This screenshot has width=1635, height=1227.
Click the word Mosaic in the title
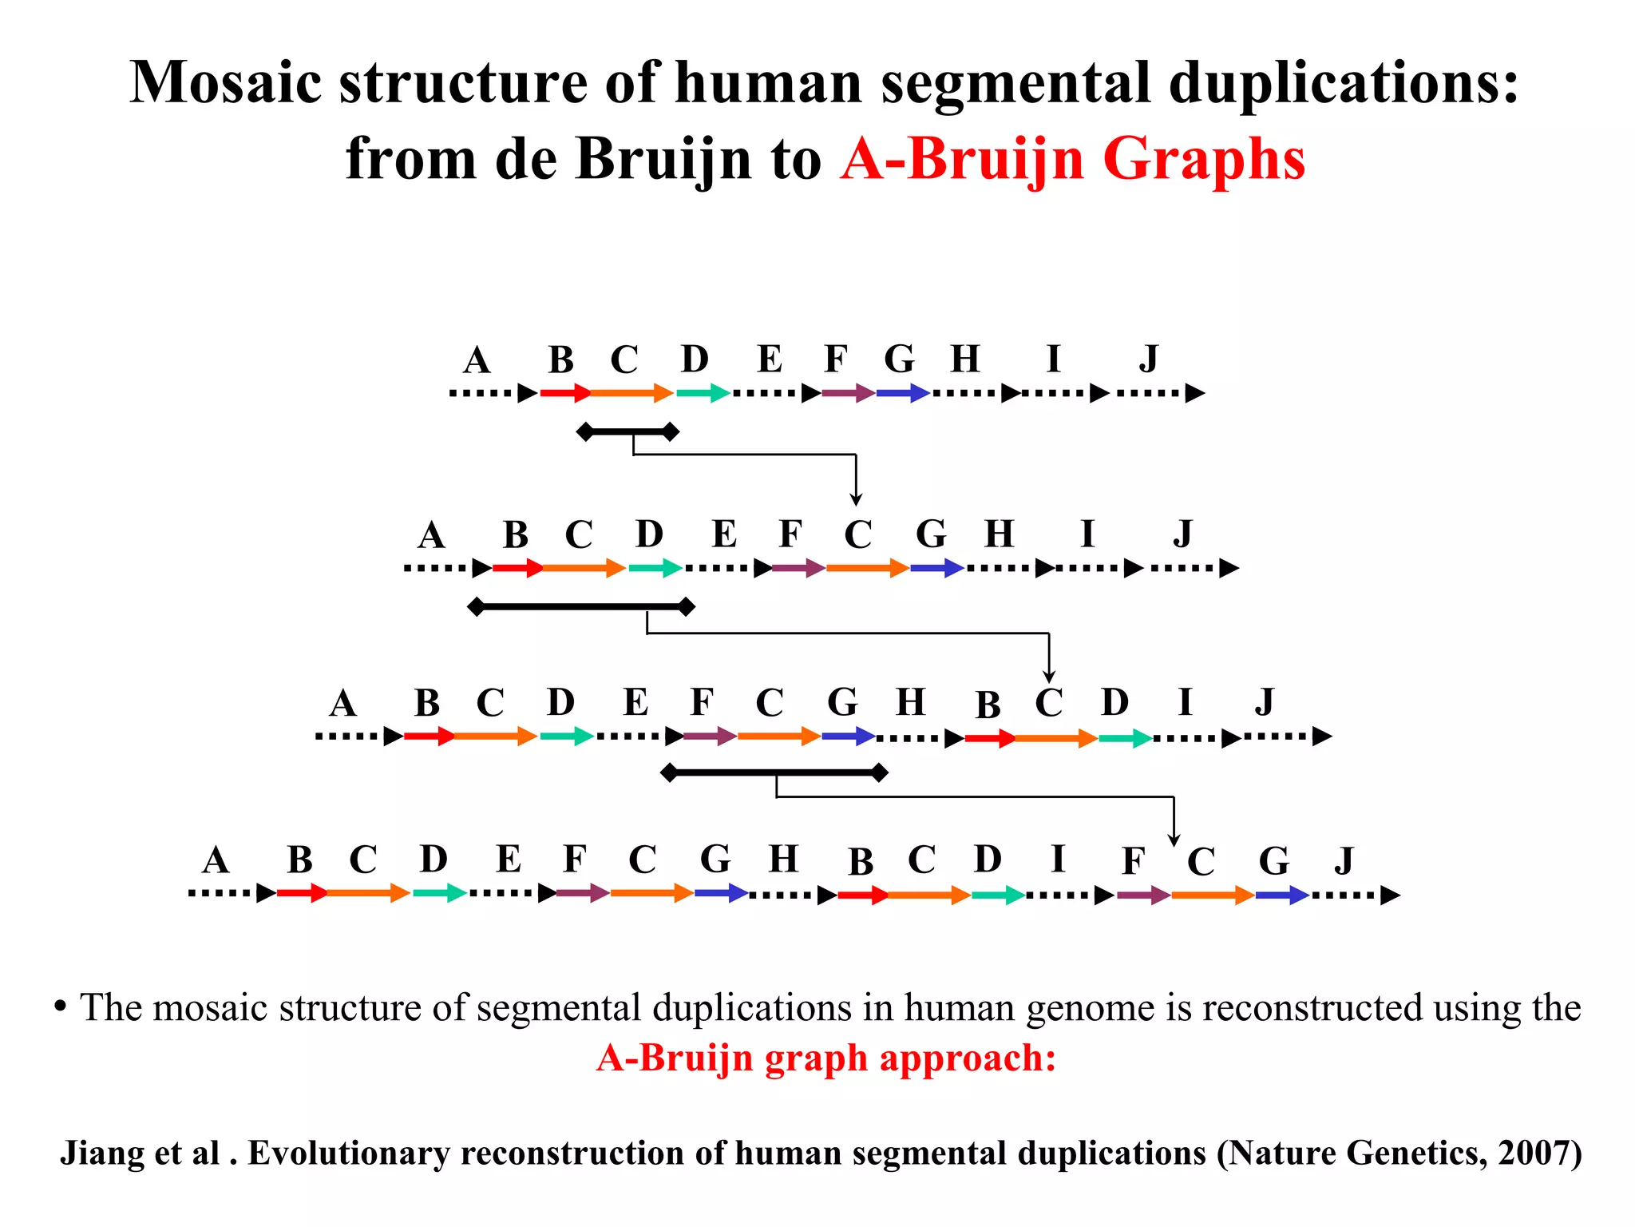[226, 83]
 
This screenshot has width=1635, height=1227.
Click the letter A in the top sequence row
[477, 360]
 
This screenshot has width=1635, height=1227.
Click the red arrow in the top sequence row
[565, 393]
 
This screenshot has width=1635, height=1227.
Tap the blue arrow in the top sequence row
[903, 393]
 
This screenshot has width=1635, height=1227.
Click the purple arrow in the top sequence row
[848, 393]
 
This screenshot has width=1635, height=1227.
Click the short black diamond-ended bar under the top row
[627, 432]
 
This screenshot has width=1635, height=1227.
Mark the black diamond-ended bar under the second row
[581, 607]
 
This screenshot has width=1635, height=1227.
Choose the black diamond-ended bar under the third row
[774, 772]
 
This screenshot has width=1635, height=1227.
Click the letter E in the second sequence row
[724, 534]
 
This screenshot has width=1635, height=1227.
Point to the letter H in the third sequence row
[910, 702]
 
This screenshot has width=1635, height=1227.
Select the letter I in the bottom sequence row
[1058, 860]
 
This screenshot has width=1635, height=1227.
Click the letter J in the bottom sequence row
[1344, 861]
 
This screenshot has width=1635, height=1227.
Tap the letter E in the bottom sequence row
[509, 860]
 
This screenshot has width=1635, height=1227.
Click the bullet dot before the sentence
[60, 1006]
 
